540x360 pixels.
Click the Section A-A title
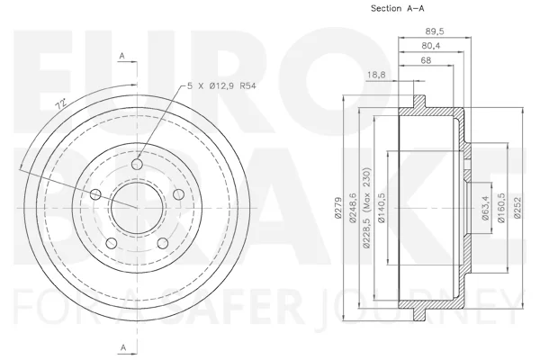(x=398, y=8)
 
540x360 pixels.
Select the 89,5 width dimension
(x=435, y=31)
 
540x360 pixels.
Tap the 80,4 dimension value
(x=431, y=46)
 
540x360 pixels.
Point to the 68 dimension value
(x=426, y=60)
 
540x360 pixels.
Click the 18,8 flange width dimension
(x=376, y=75)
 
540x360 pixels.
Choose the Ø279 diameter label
(x=337, y=208)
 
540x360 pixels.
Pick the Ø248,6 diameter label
(x=353, y=208)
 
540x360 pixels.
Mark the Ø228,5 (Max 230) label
(x=366, y=208)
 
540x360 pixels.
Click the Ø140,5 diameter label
(x=382, y=208)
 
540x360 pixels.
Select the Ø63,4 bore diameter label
(x=485, y=208)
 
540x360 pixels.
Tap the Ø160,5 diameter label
(x=501, y=208)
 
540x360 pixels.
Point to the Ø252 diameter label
(x=517, y=208)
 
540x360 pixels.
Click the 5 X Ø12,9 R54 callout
(x=221, y=85)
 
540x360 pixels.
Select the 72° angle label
(x=61, y=104)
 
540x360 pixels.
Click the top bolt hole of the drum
(x=137, y=165)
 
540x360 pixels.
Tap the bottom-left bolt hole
(x=112, y=244)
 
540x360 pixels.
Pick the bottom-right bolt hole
(x=163, y=244)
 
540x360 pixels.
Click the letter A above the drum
(x=121, y=56)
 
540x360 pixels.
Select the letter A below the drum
(x=123, y=348)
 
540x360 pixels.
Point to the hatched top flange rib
(x=419, y=102)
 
